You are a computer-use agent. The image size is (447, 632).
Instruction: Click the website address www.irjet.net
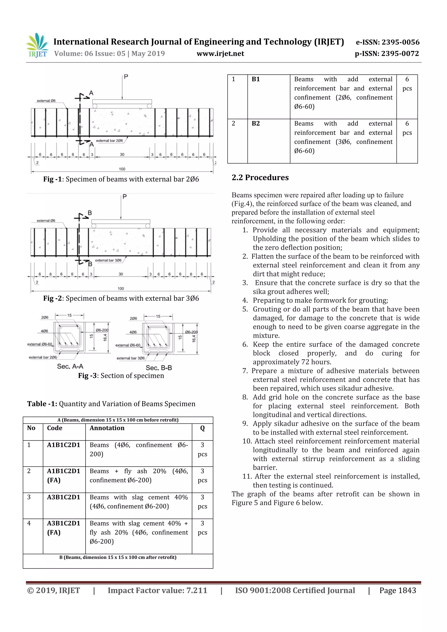pyautogui.click(x=220, y=54)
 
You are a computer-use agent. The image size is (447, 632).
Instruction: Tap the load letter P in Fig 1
pyautogui.click(x=126, y=77)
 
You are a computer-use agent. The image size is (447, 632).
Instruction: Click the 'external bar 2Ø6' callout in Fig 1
pyautogui.click(x=109, y=141)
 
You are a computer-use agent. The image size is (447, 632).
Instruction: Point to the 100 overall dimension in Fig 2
pyautogui.click(x=121, y=288)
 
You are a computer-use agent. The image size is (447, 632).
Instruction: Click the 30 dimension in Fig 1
pyautogui.click(x=122, y=154)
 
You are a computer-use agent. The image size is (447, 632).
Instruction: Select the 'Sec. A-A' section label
pyautogui.click(x=70, y=366)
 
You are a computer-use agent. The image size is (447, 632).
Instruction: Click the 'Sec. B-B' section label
pyautogui.click(x=159, y=368)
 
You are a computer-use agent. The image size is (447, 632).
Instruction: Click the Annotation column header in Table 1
pyautogui.click(x=107, y=428)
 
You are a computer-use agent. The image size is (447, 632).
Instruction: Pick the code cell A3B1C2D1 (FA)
pyautogui.click(x=63, y=528)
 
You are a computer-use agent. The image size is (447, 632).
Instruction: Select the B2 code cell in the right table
pyautogui.click(x=256, y=123)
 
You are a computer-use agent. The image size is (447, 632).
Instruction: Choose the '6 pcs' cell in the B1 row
pyautogui.click(x=407, y=84)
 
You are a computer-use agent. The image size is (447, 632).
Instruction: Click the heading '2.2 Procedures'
pyautogui.click(x=260, y=178)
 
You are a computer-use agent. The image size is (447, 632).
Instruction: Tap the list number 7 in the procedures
pyautogui.click(x=245, y=371)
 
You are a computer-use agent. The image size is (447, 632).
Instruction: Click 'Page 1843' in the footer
pyautogui.click(x=397, y=590)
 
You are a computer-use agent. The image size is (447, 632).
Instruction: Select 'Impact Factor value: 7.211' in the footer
pyautogui.click(x=157, y=590)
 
